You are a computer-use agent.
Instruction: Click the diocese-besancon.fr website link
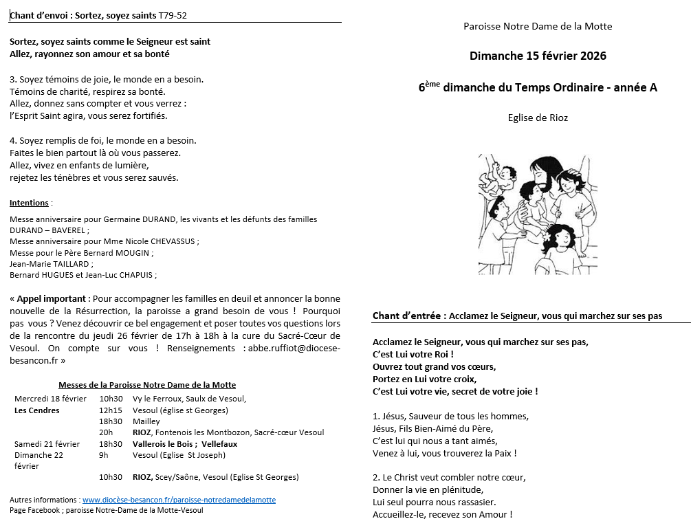(179, 500)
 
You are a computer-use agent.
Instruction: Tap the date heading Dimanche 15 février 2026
(538, 56)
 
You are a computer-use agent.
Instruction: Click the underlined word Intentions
(29, 203)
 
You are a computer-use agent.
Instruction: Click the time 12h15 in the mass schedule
(111, 410)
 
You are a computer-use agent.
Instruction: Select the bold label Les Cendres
(37, 410)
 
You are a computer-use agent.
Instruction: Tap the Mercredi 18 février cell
(50, 399)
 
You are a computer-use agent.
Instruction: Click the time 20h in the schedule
(106, 432)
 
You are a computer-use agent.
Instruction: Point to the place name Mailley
(146, 421)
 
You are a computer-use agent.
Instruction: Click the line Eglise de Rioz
(538, 118)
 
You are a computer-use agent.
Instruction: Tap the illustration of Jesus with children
(534, 214)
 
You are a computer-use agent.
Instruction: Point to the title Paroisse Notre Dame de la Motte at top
(538, 26)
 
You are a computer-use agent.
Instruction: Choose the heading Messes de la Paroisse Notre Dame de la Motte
(147, 385)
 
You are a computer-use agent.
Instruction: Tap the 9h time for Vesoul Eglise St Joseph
(104, 455)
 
